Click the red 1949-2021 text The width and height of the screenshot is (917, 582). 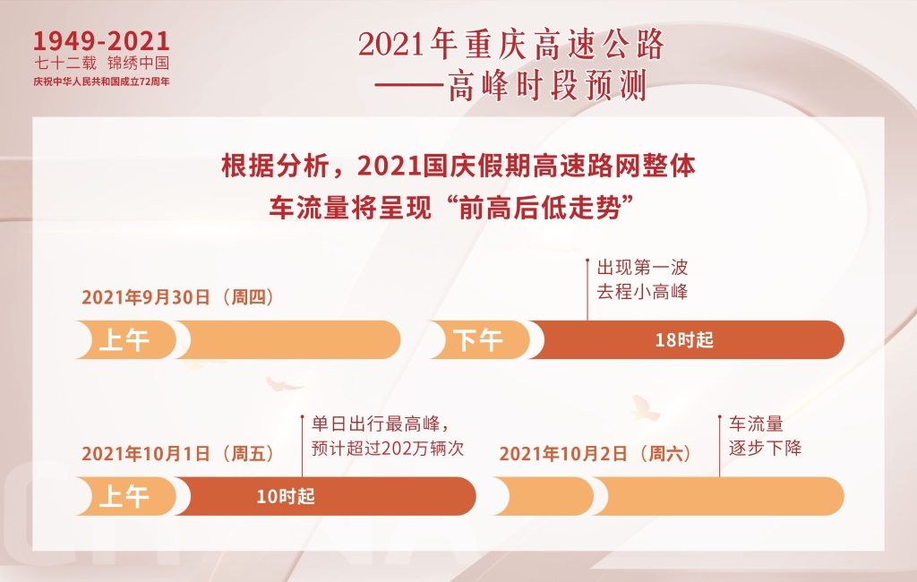pyautogui.click(x=101, y=41)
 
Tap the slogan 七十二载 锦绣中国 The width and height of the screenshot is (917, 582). pyautogui.click(x=102, y=64)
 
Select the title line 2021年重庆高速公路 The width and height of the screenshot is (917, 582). pyautogui.click(x=511, y=45)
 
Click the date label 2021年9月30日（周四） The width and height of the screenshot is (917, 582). pyautogui.click(x=178, y=297)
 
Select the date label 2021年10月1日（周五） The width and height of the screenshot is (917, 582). pyautogui.click(x=178, y=453)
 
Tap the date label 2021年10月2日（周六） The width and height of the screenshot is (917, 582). pyautogui.click(x=596, y=453)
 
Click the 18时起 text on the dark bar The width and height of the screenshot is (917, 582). pyautogui.click(x=684, y=340)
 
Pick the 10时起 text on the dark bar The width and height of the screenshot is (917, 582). pyautogui.click(x=286, y=497)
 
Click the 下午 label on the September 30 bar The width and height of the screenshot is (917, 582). pyautogui.click(x=478, y=340)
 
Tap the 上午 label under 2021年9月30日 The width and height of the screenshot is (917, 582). pyautogui.click(x=124, y=340)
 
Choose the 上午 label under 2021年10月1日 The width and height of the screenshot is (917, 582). pyautogui.click(x=124, y=497)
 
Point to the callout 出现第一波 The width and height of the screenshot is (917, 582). pyautogui.click(x=642, y=268)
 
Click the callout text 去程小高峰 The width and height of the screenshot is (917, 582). pyautogui.click(x=642, y=291)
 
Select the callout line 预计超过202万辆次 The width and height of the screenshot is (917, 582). pyautogui.click(x=388, y=448)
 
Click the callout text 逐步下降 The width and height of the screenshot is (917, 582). pyautogui.click(x=765, y=448)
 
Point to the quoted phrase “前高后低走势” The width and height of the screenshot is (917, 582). pyautogui.click(x=540, y=208)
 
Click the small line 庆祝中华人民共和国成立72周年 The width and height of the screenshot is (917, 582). pyautogui.click(x=101, y=81)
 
